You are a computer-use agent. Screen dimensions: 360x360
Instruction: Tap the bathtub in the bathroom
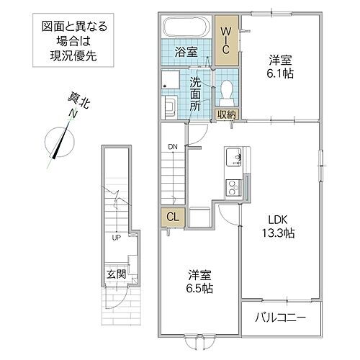(189, 30)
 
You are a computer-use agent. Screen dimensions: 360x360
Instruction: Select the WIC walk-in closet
(226, 41)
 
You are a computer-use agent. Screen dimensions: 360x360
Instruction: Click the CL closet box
(172, 217)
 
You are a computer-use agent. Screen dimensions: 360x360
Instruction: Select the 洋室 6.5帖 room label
(200, 280)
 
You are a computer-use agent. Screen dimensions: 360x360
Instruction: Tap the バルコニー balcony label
(282, 316)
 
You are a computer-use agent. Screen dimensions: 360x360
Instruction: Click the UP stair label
(115, 237)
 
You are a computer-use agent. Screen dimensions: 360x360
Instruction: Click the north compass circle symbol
(57, 140)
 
